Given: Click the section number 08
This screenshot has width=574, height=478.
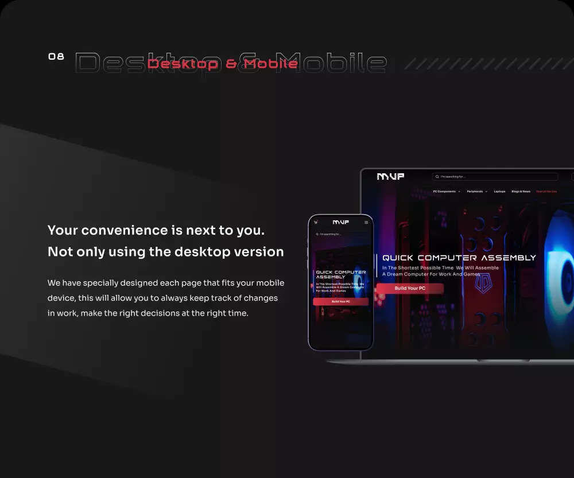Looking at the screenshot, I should click(56, 56).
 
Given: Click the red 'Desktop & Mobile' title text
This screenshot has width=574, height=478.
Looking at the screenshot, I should click(222, 64).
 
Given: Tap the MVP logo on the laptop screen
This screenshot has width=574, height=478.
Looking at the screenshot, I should click(390, 177).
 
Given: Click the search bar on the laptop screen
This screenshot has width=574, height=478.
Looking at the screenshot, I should click(495, 177).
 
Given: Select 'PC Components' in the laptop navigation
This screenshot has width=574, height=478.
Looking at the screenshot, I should click(445, 191).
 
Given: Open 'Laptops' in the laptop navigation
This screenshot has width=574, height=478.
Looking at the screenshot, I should click(499, 191).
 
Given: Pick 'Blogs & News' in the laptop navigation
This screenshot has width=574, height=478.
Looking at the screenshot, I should click(521, 191).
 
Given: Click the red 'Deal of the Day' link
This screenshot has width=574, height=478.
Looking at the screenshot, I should click(546, 191).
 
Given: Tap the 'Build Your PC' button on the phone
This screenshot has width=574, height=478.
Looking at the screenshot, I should click(340, 301).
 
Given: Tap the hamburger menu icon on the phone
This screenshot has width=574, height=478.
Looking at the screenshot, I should click(367, 222).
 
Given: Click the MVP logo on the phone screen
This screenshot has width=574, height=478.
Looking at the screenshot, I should click(340, 222).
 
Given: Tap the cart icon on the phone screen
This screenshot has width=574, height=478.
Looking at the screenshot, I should click(316, 222).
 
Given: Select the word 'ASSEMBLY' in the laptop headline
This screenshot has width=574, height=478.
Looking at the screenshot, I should click(507, 258).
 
